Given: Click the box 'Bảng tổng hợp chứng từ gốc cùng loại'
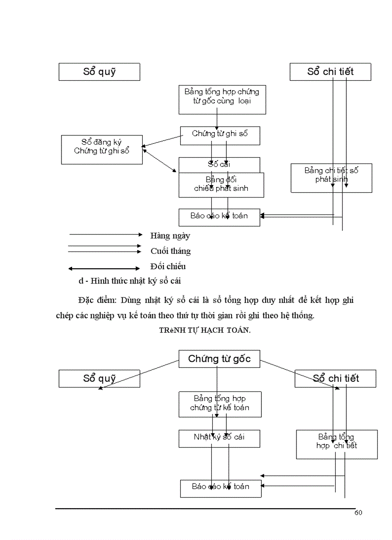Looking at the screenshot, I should pos(222,100).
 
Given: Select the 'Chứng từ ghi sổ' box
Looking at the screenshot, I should pos(220,135).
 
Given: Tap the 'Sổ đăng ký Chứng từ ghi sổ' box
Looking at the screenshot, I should pos(102,150).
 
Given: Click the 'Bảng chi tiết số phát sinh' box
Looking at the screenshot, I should pos(331,178).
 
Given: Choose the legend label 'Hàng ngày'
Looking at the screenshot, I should pos(170,236).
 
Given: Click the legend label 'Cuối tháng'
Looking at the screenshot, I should pos(171,251).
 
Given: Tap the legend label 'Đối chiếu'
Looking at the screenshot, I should pos(168,266).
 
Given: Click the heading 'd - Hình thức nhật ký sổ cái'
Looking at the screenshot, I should pos(130,280).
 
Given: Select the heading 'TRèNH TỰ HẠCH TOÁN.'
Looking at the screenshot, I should pos(205,330).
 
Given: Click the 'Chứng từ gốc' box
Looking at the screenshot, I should pos(219,359).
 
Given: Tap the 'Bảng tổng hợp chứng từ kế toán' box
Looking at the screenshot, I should pos(220,404).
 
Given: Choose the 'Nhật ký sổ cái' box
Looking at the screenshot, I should pos(219,438).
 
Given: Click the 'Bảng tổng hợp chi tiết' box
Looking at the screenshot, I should pos(336,444).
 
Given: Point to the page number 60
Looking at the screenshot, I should pos(358,513).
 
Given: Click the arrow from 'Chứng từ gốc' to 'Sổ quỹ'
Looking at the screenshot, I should pos(139,374).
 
